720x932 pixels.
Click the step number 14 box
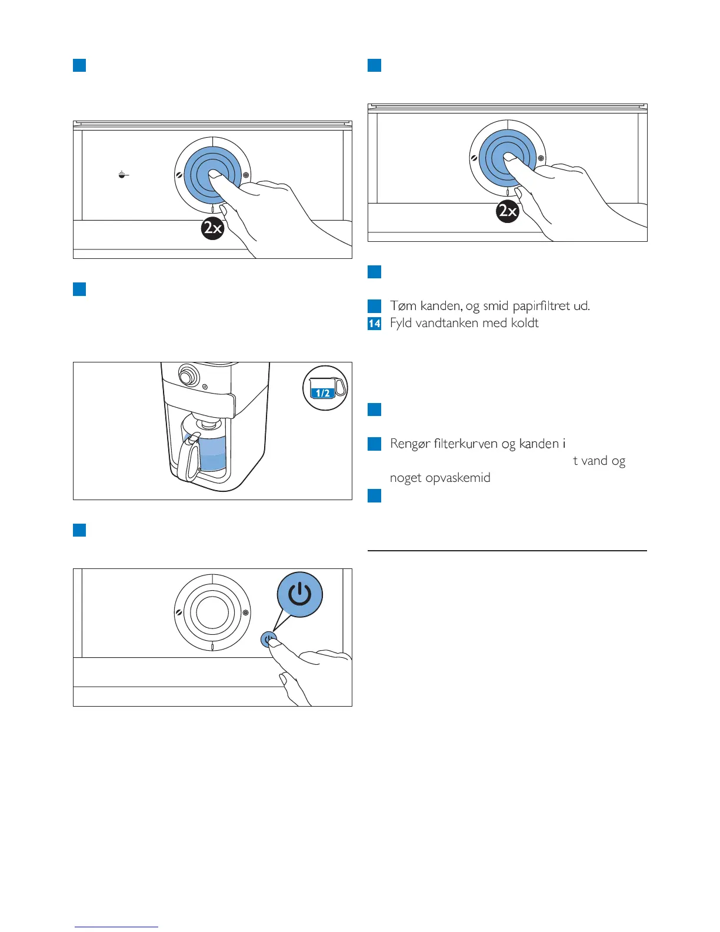pos(374,323)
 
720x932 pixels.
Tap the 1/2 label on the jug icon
pos(323,393)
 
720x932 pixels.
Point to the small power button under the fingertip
pos(269,640)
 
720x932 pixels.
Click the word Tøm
pos(404,306)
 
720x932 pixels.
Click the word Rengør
pos(409,444)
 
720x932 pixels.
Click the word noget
pos(405,478)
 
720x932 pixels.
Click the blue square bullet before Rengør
pos(374,444)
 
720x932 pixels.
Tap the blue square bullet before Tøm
pos(374,306)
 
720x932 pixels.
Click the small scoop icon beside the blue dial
pos(122,174)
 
